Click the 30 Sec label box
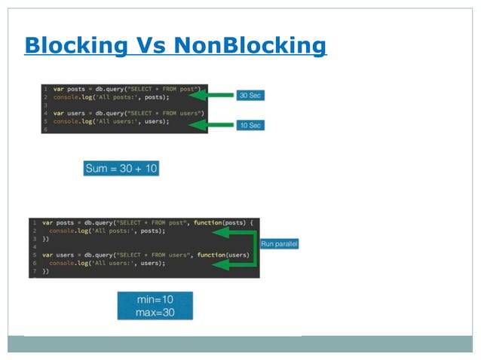pyautogui.click(x=250, y=96)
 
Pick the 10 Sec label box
pyautogui.click(x=250, y=124)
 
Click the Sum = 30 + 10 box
pyautogui.click(x=121, y=169)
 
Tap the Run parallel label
pyautogui.click(x=279, y=244)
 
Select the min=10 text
pyautogui.click(x=155, y=299)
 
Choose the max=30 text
pyautogui.click(x=155, y=311)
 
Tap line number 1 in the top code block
pyautogui.click(x=45, y=88)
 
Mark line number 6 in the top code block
pyautogui.click(x=45, y=130)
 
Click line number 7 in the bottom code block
pyautogui.click(x=34, y=271)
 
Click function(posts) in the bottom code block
pyautogui.click(x=219, y=223)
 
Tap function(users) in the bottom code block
pyautogui.click(x=222, y=255)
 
